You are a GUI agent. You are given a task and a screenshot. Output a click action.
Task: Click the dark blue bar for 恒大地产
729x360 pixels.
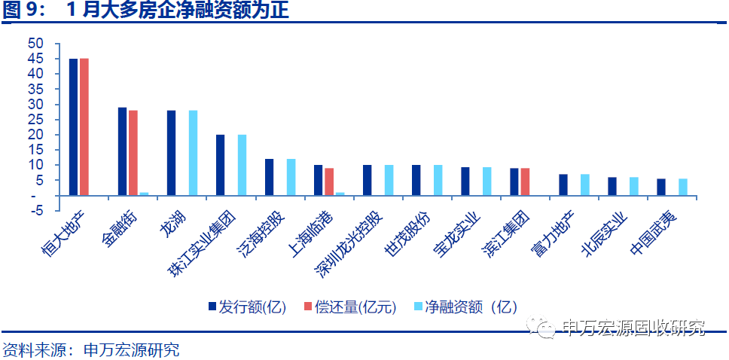click(73, 127)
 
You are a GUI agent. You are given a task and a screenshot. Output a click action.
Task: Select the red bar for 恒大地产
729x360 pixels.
click(84, 127)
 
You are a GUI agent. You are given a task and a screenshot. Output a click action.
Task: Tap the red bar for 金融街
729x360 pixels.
click(133, 153)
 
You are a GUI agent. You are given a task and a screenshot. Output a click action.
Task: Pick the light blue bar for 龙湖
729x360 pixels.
click(193, 153)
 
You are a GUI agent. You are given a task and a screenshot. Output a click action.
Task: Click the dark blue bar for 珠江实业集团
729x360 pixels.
click(220, 165)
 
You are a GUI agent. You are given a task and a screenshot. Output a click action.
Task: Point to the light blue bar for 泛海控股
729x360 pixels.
click(291, 177)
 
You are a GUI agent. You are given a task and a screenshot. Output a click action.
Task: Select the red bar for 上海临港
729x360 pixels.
click(329, 182)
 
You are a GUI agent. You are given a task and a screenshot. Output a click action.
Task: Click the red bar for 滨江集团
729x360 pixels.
click(525, 182)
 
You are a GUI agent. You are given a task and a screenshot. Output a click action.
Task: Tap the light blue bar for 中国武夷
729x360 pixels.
click(683, 187)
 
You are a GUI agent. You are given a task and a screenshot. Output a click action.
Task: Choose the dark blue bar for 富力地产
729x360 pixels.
click(563, 185)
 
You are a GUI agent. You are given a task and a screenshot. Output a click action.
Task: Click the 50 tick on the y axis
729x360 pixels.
click(35, 44)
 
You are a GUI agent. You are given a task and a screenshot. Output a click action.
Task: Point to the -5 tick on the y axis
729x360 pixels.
click(35, 210)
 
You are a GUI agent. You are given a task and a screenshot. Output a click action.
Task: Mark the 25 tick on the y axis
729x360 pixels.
click(35, 119)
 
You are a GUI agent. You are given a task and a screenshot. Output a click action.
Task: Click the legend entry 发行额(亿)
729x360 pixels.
click(248, 307)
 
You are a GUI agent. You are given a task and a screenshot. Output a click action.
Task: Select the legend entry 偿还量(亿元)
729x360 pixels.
click(349, 307)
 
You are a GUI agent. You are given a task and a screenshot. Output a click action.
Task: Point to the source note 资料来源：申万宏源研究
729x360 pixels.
click(90, 350)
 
